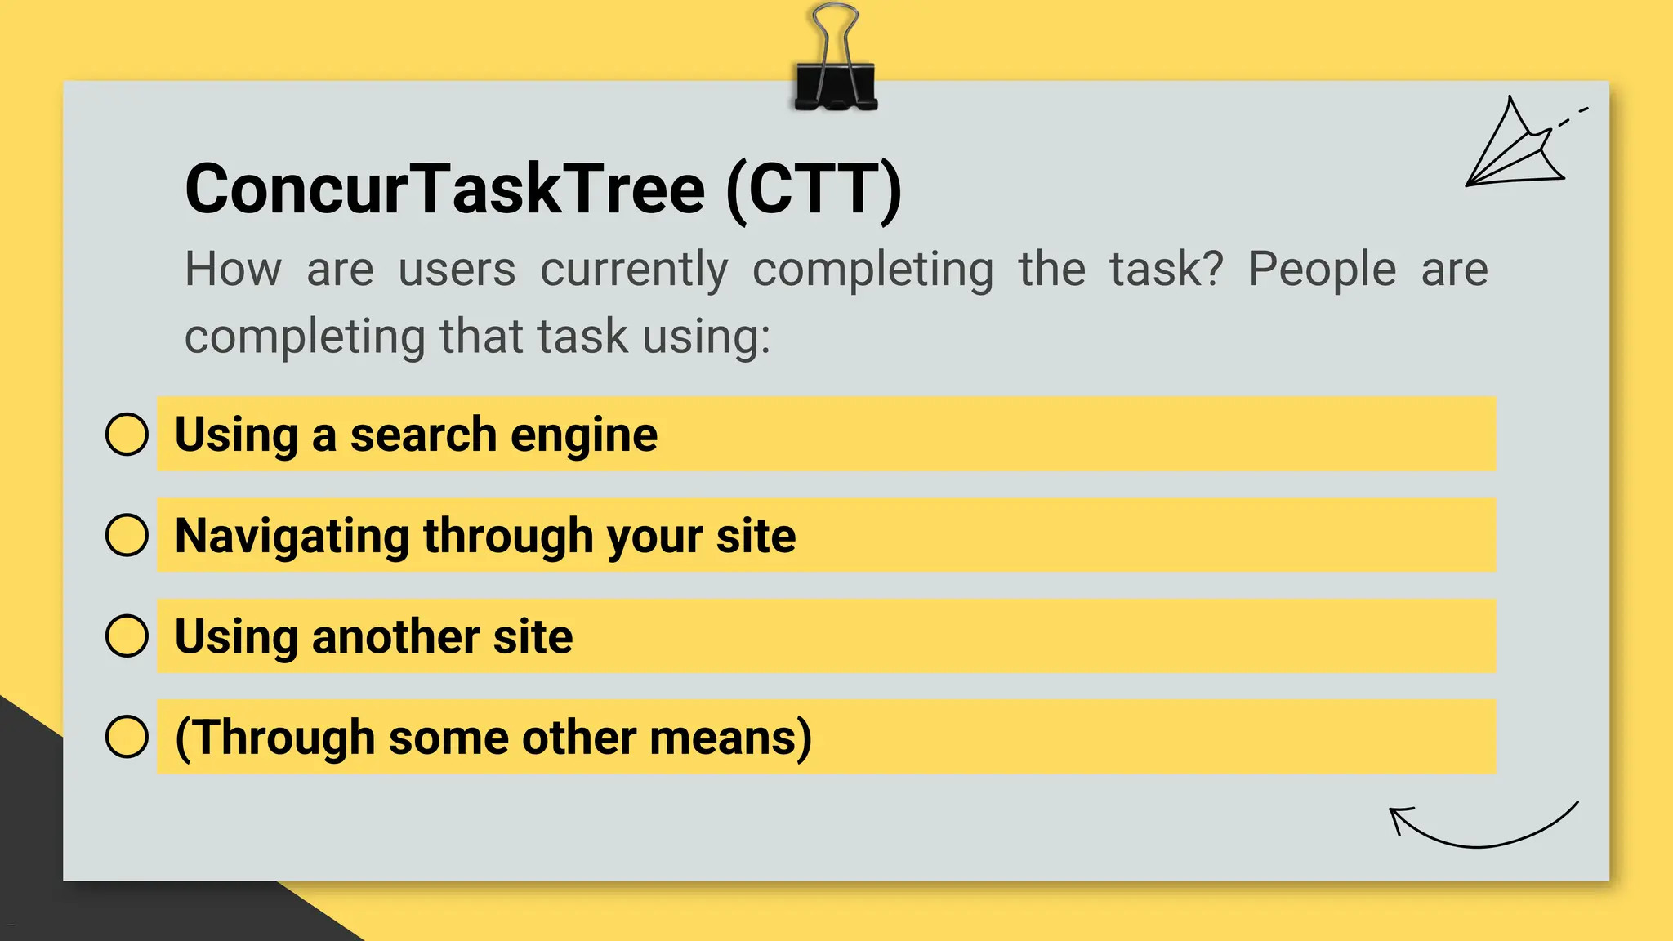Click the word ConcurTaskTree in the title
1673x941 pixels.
click(x=444, y=189)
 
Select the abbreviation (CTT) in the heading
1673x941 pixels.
click(x=813, y=189)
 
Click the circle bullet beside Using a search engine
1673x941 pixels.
click(x=127, y=434)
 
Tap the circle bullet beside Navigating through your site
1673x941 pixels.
click(x=127, y=535)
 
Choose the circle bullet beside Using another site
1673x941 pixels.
click(x=127, y=636)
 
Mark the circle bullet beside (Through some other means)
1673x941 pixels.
click(x=127, y=737)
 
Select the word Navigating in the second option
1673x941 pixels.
click(x=292, y=537)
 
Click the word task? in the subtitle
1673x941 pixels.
click(x=1166, y=269)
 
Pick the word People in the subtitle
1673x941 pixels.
click(x=1322, y=269)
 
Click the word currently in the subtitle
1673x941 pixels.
click(x=634, y=270)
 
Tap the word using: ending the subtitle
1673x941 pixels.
click(x=706, y=337)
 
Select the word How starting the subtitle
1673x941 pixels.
click(x=233, y=269)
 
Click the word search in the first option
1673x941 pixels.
click(x=423, y=435)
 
